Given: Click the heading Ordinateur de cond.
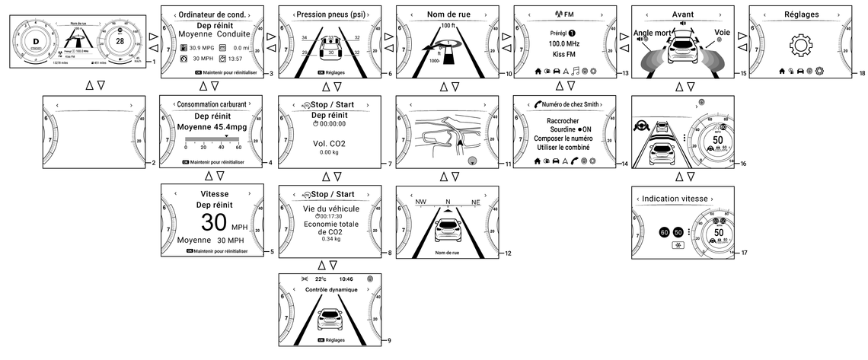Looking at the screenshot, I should click(x=212, y=14).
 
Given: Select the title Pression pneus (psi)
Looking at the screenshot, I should click(x=329, y=14).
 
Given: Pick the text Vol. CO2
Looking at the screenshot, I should click(x=328, y=142).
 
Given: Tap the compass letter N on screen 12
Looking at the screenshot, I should click(x=448, y=202).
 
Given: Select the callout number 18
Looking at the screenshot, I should click(x=861, y=73).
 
